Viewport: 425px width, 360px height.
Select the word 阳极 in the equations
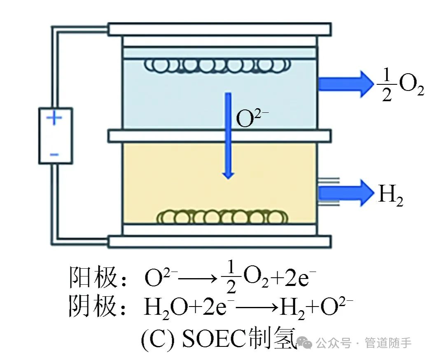coord(93,278)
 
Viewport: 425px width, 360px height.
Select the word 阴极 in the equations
coord(93,307)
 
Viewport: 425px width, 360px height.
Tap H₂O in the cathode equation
coord(162,308)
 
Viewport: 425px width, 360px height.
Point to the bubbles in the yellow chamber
coord(222,216)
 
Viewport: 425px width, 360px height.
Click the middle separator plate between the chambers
coord(220,136)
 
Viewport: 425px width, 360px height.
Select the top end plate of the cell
coord(220,29)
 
